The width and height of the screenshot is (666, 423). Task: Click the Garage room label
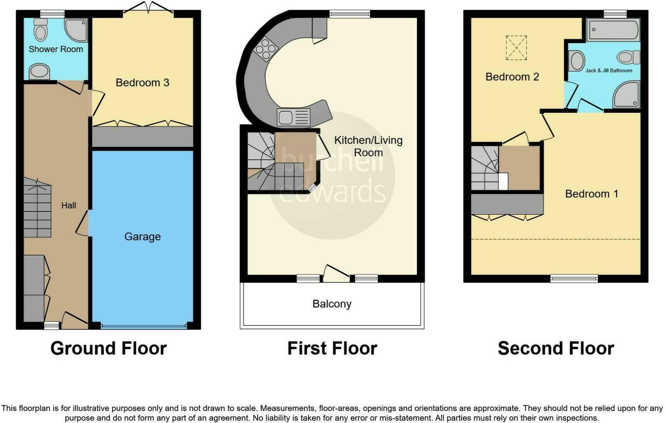click(142, 237)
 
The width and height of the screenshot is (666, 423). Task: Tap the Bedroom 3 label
click(142, 83)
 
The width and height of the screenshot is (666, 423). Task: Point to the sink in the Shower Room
click(39, 72)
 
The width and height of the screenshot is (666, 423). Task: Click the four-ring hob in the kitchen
click(266, 49)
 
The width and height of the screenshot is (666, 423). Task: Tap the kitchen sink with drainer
click(293, 117)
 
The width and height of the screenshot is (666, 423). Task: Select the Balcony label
click(332, 304)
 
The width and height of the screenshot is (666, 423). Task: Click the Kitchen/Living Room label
click(368, 146)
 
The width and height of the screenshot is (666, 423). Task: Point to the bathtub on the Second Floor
click(613, 30)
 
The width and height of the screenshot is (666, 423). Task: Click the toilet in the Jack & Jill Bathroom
click(628, 58)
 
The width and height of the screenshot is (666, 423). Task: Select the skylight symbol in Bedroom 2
click(516, 48)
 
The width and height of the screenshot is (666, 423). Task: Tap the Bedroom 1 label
click(591, 194)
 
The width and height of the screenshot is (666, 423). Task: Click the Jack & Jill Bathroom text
click(608, 71)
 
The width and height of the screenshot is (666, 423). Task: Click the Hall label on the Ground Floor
click(69, 205)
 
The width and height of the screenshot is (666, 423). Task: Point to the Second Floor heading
click(555, 348)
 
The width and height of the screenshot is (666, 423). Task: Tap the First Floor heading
click(332, 348)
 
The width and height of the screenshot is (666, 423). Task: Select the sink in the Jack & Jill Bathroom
click(576, 61)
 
